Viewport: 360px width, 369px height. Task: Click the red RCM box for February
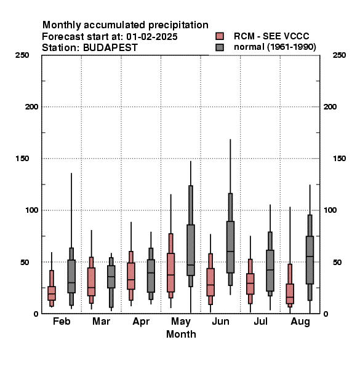pyautogui.click(x=52, y=293)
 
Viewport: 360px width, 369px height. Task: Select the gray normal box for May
pyautogui.click(x=191, y=250)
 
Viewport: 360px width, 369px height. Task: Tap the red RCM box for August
pyautogui.click(x=290, y=294)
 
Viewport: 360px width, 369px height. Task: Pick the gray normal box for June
pyautogui.click(x=230, y=247)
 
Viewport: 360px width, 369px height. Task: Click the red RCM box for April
pyautogui.click(x=131, y=276)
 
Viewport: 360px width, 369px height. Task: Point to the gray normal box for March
pyautogui.click(x=111, y=277)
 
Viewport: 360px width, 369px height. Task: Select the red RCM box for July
pyautogui.click(x=250, y=284)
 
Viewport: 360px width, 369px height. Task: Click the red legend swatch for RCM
pyautogui.click(x=220, y=36)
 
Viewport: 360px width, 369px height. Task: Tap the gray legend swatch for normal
pyautogui.click(x=220, y=47)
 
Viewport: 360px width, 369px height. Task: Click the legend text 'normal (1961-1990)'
pyautogui.click(x=274, y=47)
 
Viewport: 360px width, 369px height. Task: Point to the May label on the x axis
pyautogui.click(x=181, y=322)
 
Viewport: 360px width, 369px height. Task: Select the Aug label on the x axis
pyautogui.click(x=300, y=322)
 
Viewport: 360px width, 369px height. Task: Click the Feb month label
pyautogui.click(x=62, y=321)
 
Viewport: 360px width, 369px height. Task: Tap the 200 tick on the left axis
pyautogui.click(x=31, y=107)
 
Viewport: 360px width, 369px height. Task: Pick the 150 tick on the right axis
pyautogui.click(x=339, y=159)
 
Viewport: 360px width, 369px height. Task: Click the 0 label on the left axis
pyautogui.click(x=36, y=314)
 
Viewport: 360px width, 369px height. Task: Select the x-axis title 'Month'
pyautogui.click(x=181, y=334)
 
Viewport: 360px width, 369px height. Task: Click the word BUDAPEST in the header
pyautogui.click(x=110, y=48)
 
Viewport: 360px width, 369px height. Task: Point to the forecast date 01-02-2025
pyautogui.click(x=152, y=37)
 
